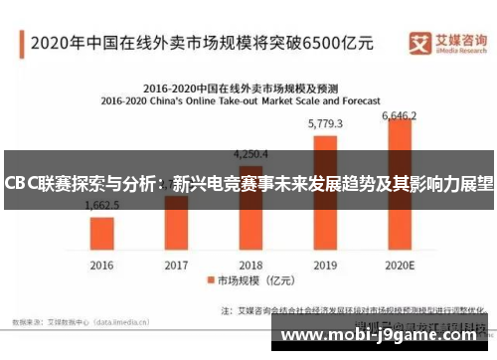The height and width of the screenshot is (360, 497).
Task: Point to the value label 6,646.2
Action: (401, 116)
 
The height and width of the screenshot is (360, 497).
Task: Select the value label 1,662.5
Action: (102, 205)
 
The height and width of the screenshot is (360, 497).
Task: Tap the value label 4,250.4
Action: (250, 154)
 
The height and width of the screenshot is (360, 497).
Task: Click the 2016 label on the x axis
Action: (102, 266)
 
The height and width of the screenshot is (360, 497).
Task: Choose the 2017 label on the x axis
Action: (176, 266)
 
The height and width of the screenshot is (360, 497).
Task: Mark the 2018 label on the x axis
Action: (250, 266)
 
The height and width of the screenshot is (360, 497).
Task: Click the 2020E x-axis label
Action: (400, 266)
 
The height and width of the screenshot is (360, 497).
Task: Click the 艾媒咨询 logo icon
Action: (419, 41)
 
